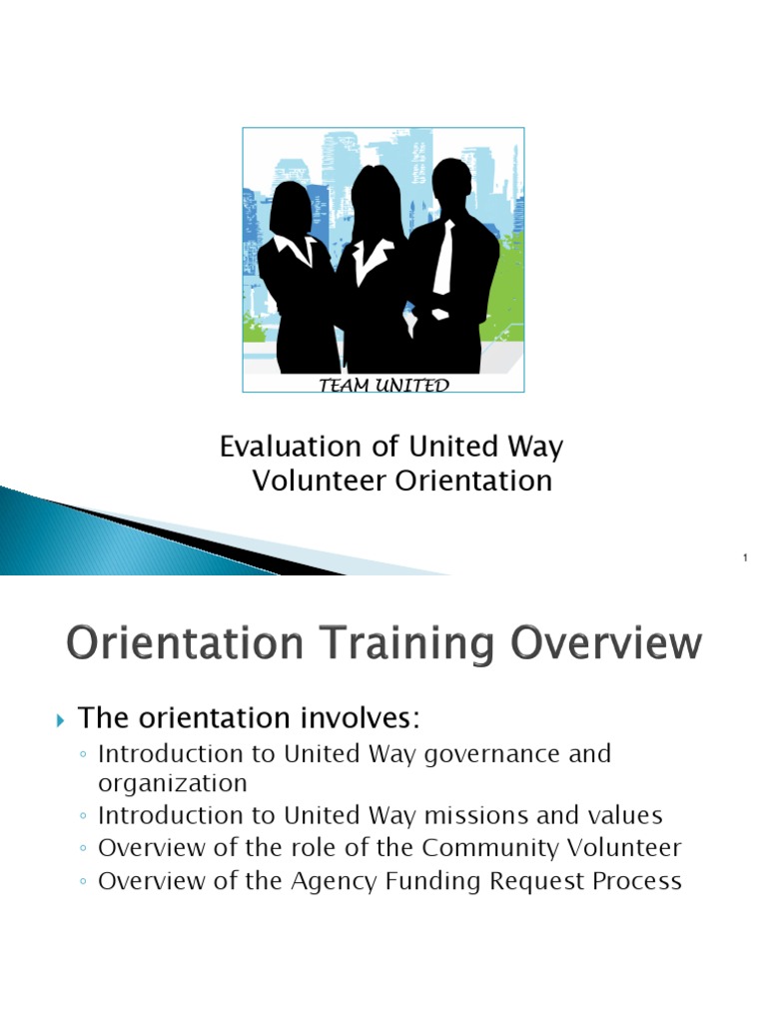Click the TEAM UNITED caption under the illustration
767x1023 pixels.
(383, 386)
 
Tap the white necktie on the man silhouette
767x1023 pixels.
(442, 258)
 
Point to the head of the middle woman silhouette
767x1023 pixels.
(376, 194)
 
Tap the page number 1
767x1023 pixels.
(745, 557)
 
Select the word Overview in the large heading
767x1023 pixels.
(605, 643)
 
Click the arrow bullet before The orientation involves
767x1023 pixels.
(59, 719)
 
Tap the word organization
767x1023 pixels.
(172, 782)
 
